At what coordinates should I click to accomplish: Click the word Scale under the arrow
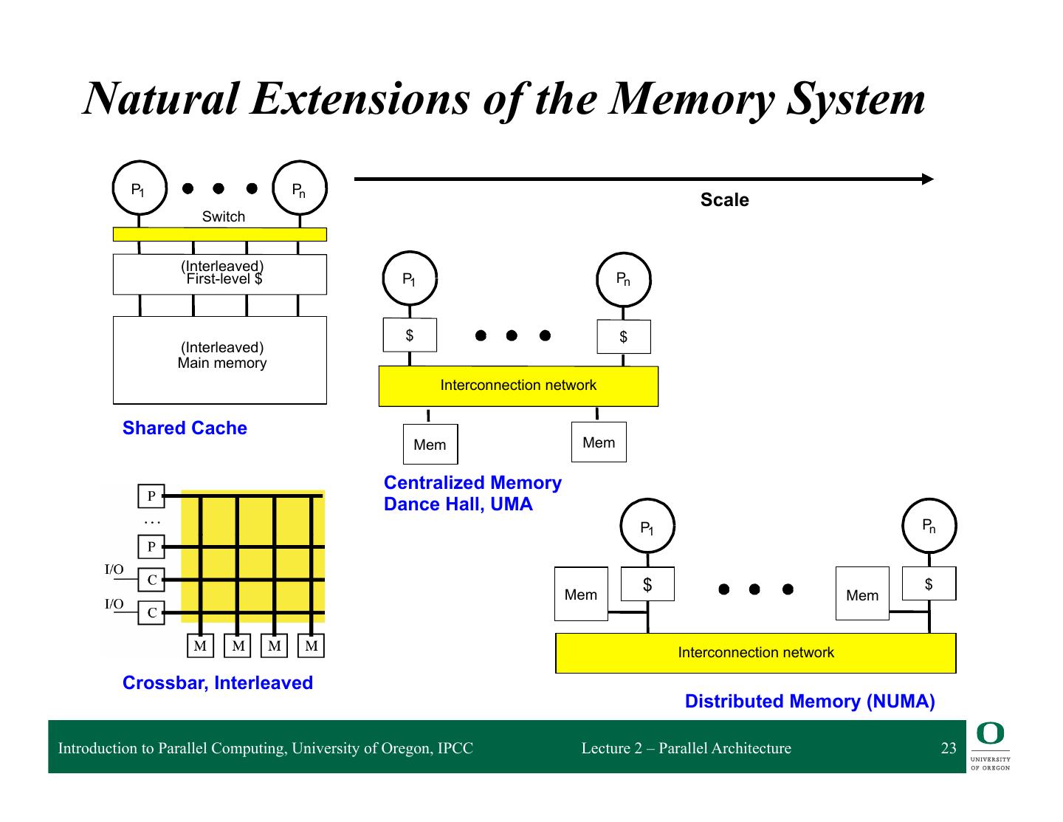click(724, 200)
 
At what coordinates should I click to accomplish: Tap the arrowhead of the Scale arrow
click(928, 179)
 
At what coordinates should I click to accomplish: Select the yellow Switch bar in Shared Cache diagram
click(219, 234)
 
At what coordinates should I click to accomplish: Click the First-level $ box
click(219, 274)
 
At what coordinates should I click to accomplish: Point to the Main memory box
click(219, 360)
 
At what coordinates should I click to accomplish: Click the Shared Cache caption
click(185, 428)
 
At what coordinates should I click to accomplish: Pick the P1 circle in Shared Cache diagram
click(139, 190)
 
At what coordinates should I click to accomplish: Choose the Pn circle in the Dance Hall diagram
click(623, 279)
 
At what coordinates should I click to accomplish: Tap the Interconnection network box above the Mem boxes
click(517, 386)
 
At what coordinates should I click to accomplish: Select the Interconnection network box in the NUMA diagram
click(755, 653)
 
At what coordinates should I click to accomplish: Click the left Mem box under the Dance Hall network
click(430, 445)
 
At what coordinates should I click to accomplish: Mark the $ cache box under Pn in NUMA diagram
click(929, 583)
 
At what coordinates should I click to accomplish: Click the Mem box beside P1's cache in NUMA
click(581, 594)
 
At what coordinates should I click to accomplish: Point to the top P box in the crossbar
click(151, 496)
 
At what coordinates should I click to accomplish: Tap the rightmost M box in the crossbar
click(311, 646)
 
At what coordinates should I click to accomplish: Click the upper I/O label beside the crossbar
click(114, 569)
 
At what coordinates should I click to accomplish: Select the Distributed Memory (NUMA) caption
click(810, 702)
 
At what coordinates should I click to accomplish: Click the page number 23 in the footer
click(949, 748)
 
